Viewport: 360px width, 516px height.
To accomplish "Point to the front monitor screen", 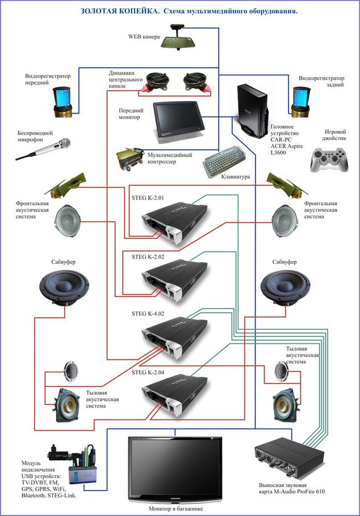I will pyautogui.click(x=177, y=119).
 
